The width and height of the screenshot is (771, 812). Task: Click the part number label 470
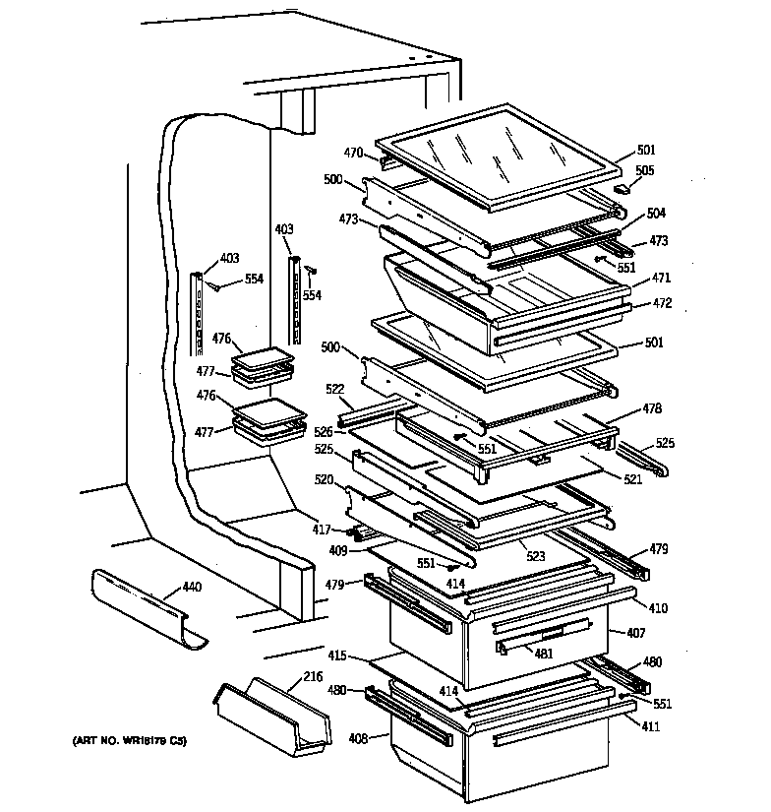[353, 153]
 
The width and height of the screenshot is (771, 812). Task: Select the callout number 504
[656, 213]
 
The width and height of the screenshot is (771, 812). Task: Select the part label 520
[326, 479]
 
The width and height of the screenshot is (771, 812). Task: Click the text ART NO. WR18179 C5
[128, 739]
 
